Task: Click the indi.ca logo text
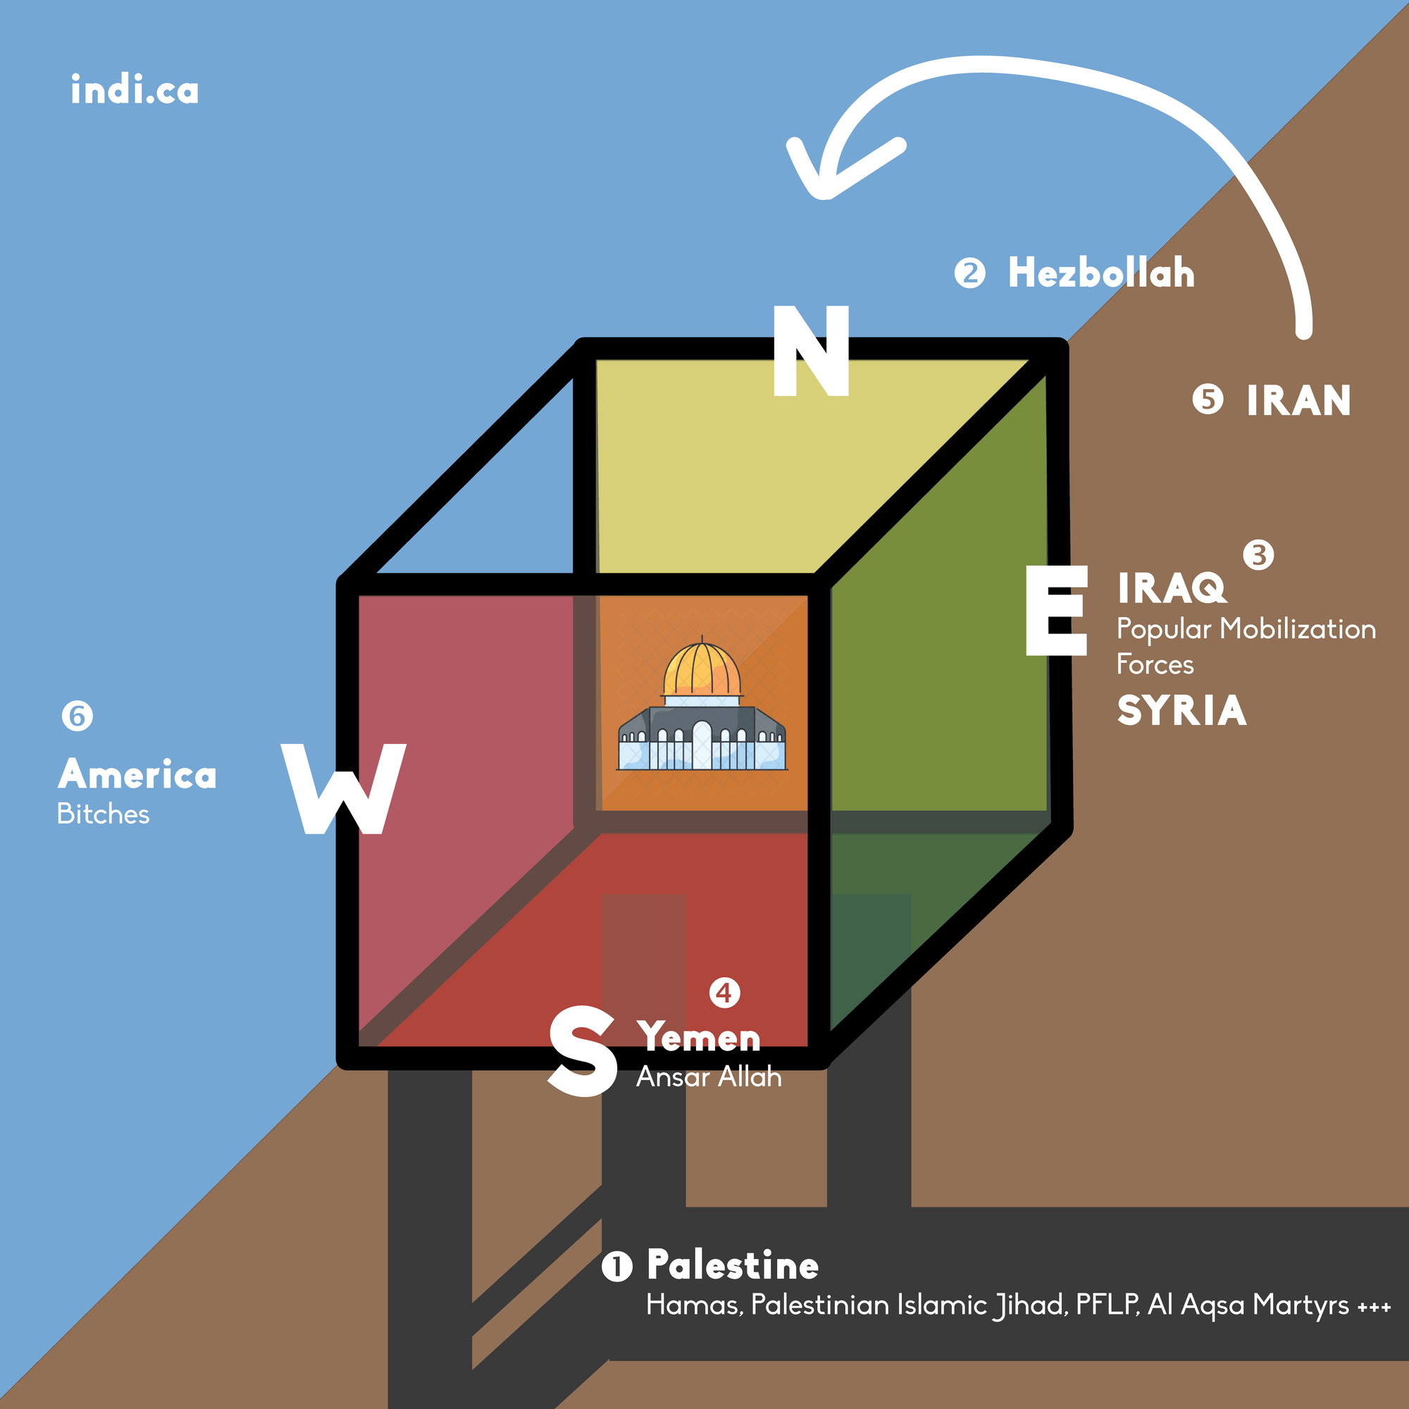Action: pyautogui.click(x=135, y=89)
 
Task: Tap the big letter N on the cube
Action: pyautogui.click(x=811, y=351)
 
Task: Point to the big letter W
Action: pyautogui.click(x=343, y=789)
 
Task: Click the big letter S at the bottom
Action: pyautogui.click(x=581, y=1051)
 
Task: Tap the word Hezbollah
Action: pyautogui.click(x=1101, y=273)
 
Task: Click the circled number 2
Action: pyautogui.click(x=969, y=273)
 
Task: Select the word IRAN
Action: pyautogui.click(x=1298, y=400)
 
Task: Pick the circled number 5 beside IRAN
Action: pyautogui.click(x=1208, y=399)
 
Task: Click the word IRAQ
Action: pyautogui.click(x=1172, y=588)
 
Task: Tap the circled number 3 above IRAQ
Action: pyautogui.click(x=1258, y=555)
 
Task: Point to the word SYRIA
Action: pyautogui.click(x=1181, y=710)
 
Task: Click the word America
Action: pyautogui.click(x=137, y=774)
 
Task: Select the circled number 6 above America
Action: pyautogui.click(x=77, y=716)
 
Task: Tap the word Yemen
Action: pyautogui.click(x=699, y=1036)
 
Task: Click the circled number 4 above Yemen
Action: pyautogui.click(x=724, y=993)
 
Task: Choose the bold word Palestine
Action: pyautogui.click(x=732, y=1265)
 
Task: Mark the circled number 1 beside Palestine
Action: pyautogui.click(x=616, y=1266)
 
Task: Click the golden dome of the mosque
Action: pyautogui.click(x=702, y=669)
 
